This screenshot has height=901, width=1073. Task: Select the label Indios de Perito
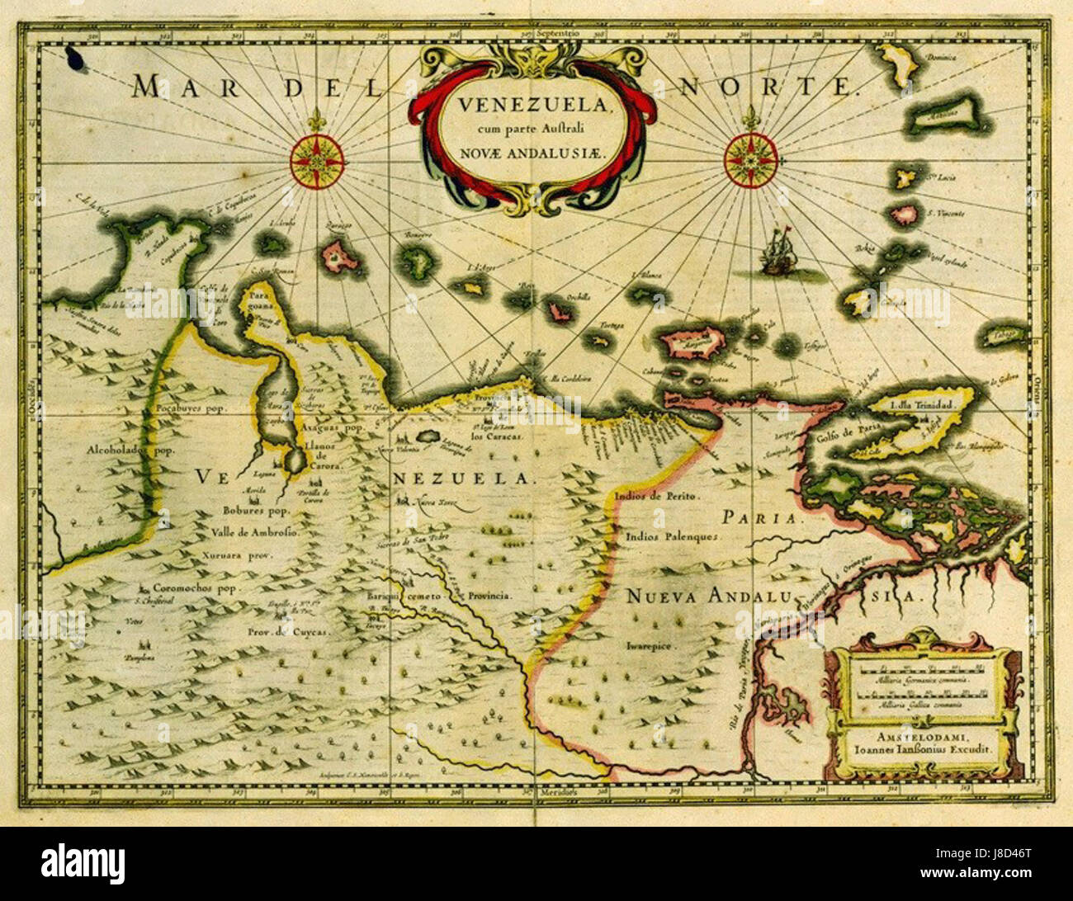[656, 497]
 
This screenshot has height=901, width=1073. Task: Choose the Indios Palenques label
[674, 535]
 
